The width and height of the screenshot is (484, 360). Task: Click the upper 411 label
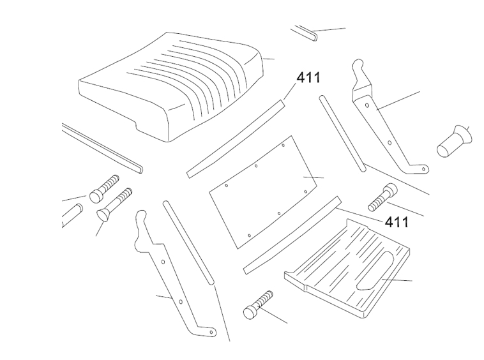(x=308, y=79)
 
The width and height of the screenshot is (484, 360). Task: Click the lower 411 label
(x=396, y=222)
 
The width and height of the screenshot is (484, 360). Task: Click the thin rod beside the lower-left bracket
(x=188, y=243)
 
